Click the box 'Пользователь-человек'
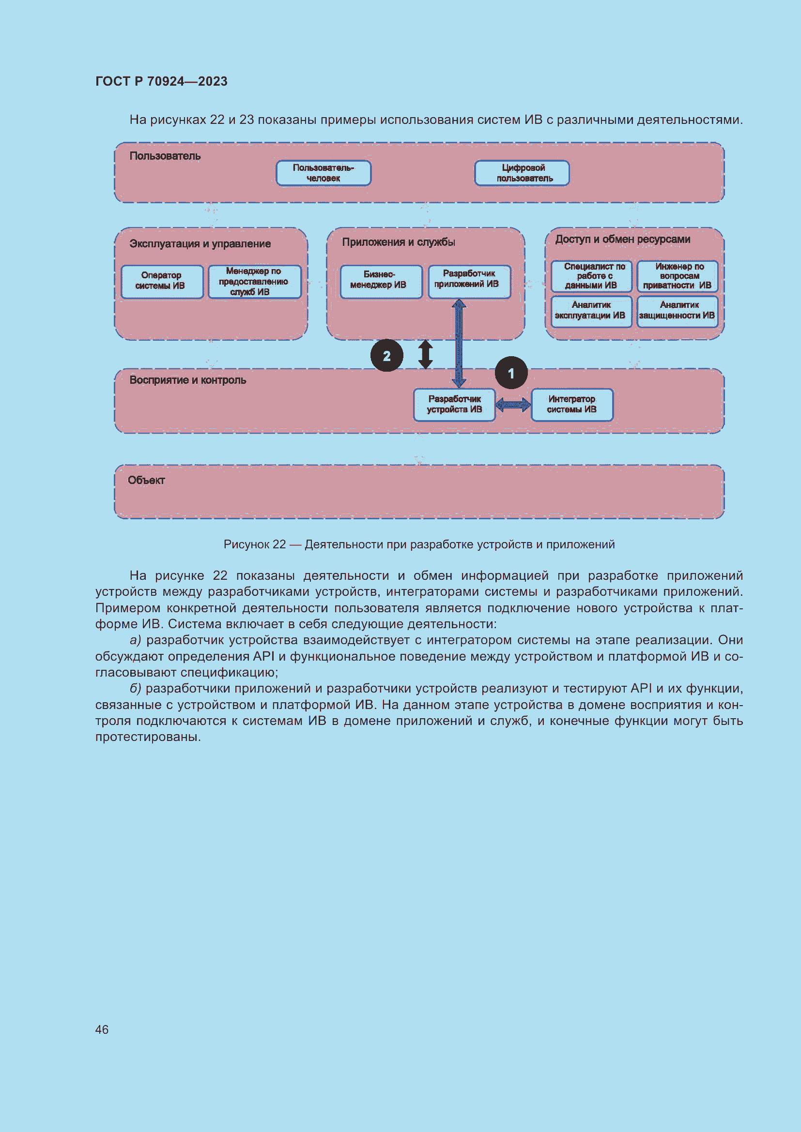coord(323,173)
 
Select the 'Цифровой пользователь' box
coord(522,173)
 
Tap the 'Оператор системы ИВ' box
coord(162,282)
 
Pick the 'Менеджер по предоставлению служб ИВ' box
coord(255,282)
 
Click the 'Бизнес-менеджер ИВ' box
coord(381,282)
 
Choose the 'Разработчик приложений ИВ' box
coord(469,282)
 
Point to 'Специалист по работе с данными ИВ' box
coord(591,276)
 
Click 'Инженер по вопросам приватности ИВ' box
coord(677,276)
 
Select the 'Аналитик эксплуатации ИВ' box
coord(591,311)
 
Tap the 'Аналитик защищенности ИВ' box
coord(677,311)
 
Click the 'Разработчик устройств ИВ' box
coord(454,405)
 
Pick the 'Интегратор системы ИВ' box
coord(572,405)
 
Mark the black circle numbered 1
coord(511,373)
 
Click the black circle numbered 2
coord(386,356)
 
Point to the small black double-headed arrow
coord(425,354)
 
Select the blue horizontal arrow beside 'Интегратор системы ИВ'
coord(513,405)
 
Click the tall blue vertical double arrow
coord(459,343)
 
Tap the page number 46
coord(102,1029)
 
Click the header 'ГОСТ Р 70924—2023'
coord(161,81)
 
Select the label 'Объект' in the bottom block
coord(146,480)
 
